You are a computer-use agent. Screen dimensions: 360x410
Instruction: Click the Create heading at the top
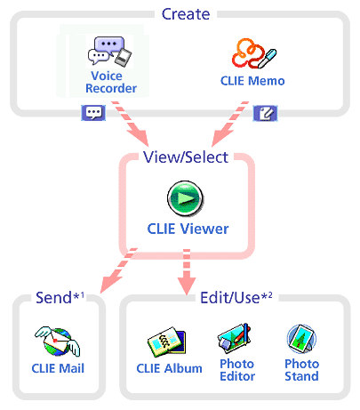pos(186,14)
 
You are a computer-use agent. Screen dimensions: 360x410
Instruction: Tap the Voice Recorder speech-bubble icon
pos(109,51)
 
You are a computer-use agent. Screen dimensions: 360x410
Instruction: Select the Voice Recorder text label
pos(111,82)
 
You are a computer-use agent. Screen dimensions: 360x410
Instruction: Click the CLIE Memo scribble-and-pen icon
pos(254,53)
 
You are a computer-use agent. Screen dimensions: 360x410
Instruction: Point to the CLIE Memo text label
pos(252,81)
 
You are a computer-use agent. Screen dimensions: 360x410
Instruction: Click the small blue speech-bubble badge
pos(93,113)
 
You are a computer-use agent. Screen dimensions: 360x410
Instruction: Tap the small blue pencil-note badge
pos(265,113)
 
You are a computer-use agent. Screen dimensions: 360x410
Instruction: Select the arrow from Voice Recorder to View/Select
pos(131,124)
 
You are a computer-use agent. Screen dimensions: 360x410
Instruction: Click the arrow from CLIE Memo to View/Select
pos(230,124)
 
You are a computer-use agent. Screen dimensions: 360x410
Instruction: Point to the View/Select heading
pos(186,157)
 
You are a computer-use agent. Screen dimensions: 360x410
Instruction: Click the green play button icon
pos(185,198)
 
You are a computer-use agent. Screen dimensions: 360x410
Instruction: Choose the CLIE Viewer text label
pos(188,229)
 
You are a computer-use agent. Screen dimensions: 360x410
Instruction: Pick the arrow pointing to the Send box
pos(118,270)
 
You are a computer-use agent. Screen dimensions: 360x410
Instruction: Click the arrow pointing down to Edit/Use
pos(187,272)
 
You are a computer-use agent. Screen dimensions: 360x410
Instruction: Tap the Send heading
pos(60,297)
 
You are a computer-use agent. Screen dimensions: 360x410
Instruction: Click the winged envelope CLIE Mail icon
pos(58,342)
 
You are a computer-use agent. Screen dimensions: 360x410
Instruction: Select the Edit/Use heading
pos(236,298)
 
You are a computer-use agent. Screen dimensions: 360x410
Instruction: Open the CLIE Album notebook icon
pos(166,342)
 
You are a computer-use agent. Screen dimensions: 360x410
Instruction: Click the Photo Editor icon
pos(235,338)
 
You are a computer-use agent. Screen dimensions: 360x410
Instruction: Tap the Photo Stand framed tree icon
pos(301,339)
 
